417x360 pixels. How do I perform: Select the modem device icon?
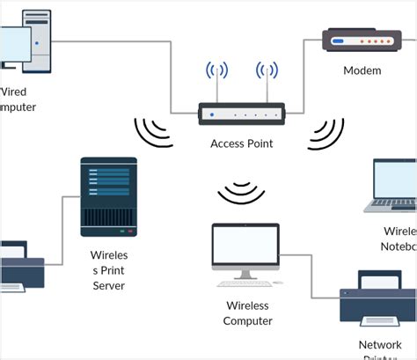click(x=356, y=40)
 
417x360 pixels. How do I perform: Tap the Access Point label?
click(x=241, y=143)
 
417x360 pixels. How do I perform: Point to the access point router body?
click(x=241, y=114)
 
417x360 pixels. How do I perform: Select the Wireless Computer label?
click(x=247, y=312)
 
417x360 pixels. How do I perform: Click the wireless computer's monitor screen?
click(x=245, y=247)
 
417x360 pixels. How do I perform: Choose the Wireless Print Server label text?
click(x=108, y=270)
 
